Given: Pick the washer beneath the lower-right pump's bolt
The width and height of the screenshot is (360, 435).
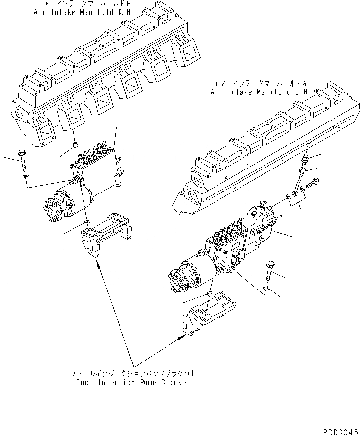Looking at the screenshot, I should [x=265, y=290].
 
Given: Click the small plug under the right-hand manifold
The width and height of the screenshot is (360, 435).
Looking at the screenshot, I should [x=74, y=144].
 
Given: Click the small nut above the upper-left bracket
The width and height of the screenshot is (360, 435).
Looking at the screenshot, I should [x=87, y=223].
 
